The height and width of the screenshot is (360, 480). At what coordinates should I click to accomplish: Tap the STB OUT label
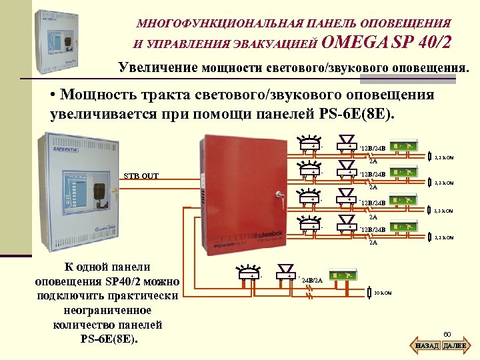click(141, 176)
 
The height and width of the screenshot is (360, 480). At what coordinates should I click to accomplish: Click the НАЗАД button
click(427, 346)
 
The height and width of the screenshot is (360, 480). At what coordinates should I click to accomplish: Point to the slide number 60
click(447, 333)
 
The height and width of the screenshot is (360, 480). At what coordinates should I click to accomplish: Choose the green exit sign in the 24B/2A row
click(340, 273)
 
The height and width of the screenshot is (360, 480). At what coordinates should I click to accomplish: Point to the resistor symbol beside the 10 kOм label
click(368, 293)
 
